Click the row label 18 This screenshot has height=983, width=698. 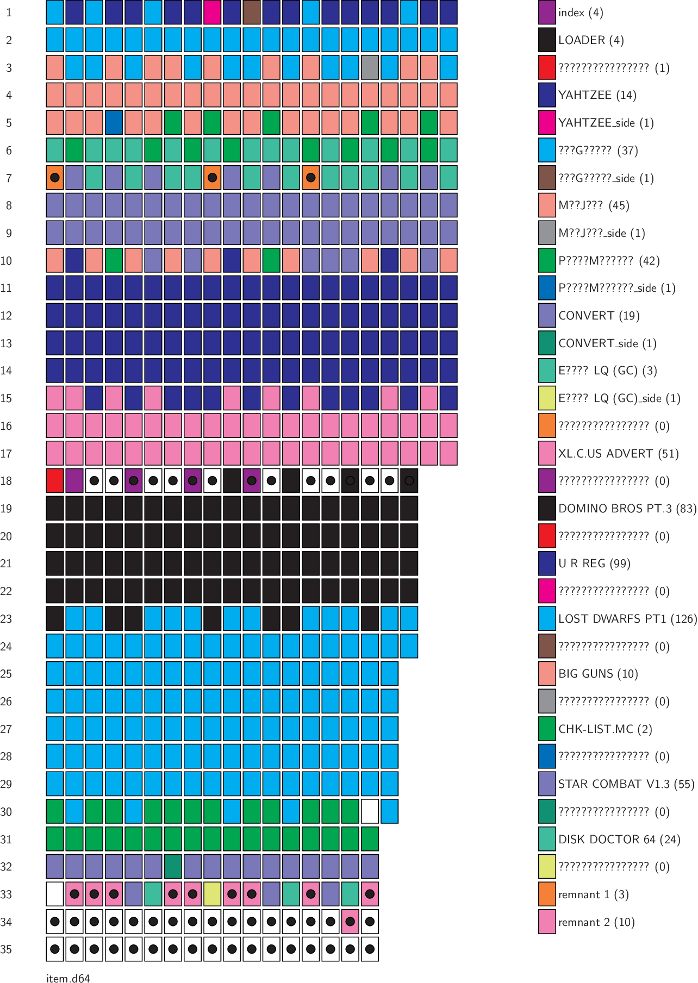pos(6,481)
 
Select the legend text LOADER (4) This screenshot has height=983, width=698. pos(591,40)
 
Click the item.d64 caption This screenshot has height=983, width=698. pos(68,978)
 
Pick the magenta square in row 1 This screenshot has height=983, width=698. pos(212,12)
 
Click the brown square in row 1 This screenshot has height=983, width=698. pos(252,12)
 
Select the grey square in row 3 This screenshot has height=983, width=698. pos(370,67)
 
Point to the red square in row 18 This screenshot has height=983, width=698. pos(55,481)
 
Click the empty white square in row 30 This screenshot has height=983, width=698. pos(370,811)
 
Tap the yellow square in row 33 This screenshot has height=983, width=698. pos(212,894)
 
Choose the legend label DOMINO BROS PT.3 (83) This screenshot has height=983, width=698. pos(627,509)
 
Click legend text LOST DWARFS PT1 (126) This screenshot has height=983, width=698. pos(627,618)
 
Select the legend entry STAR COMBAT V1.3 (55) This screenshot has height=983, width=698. pos(626,784)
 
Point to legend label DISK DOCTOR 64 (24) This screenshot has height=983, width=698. pos(619,839)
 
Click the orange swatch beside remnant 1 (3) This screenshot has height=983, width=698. pos(547,894)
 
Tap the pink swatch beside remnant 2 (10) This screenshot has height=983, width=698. pos(547,922)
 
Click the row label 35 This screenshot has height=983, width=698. pos(6,949)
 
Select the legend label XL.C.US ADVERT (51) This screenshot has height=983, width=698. pos(619,453)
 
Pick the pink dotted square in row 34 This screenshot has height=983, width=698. pos(350,922)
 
